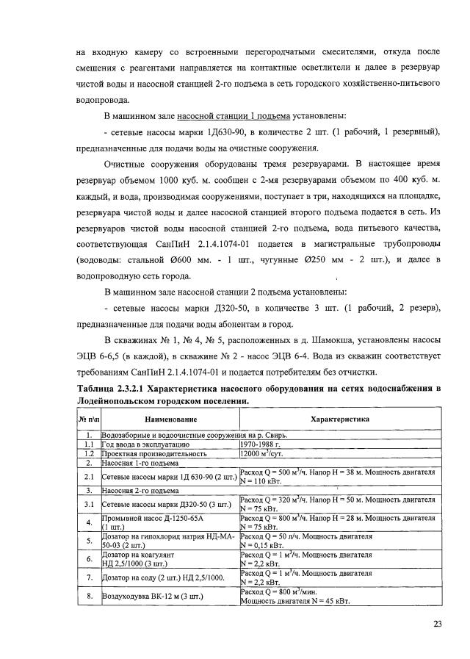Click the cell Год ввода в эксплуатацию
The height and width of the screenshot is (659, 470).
pos(142,444)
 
